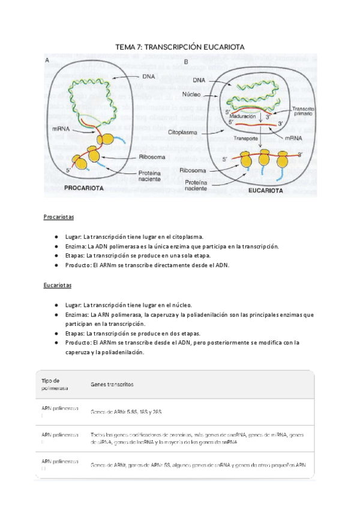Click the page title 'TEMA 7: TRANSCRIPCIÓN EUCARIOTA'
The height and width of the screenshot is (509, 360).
pos(180,47)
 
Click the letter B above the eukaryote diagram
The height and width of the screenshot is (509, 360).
pos(186,62)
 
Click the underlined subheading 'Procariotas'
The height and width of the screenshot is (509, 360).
pos(58,217)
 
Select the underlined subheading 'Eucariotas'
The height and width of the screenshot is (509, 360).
pos(58,286)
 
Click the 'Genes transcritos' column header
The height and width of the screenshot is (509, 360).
pos(112,384)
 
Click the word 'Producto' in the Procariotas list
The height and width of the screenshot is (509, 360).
pos(80,265)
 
